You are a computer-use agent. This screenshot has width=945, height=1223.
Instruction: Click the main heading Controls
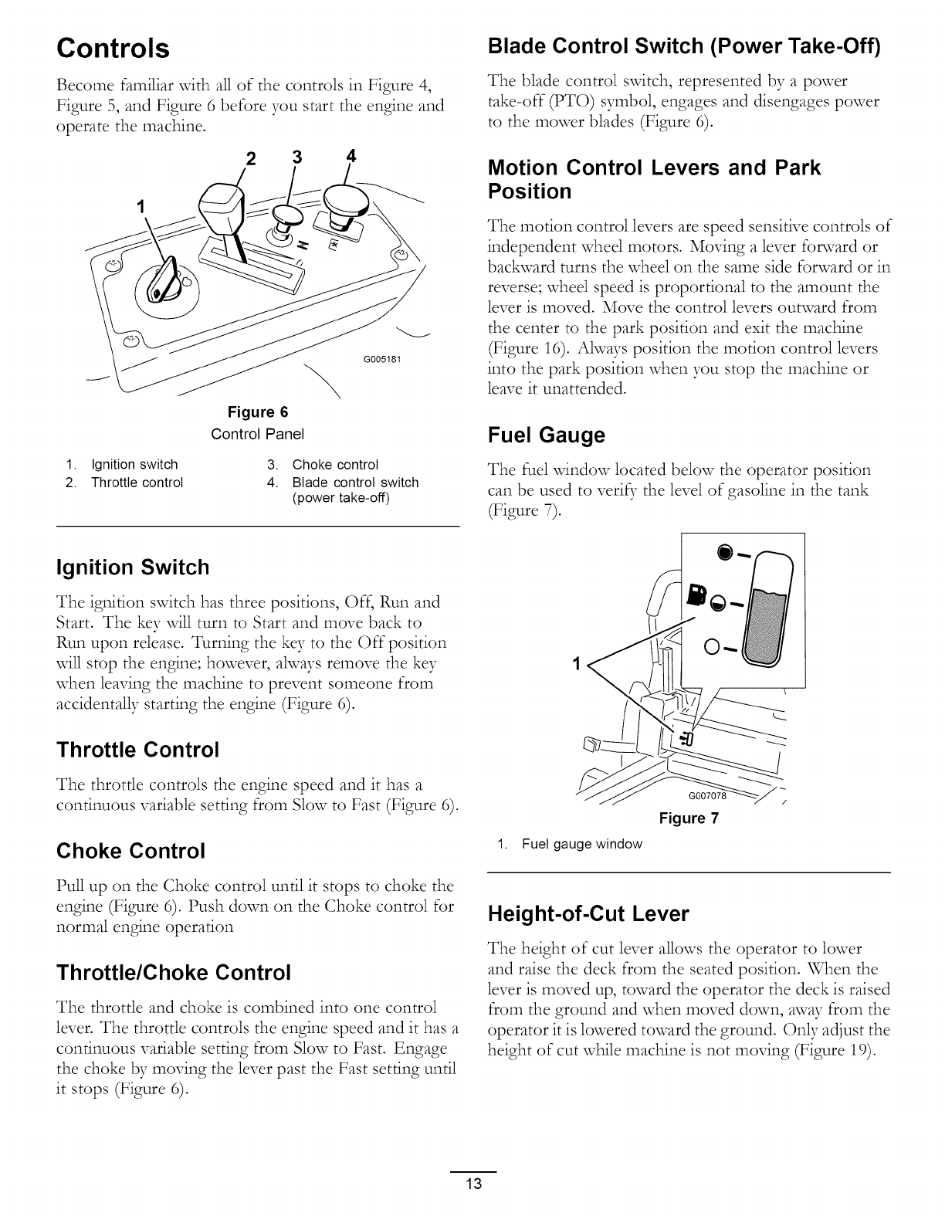point(113,49)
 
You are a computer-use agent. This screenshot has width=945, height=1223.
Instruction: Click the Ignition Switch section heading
point(132,567)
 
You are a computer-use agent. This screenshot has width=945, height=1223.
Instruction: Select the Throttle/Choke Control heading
point(174,971)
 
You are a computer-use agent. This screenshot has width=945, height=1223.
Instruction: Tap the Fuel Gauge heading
point(547,436)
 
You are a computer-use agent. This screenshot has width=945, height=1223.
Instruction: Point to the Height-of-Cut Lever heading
point(588,914)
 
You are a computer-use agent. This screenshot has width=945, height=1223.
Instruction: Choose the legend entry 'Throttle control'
point(137,483)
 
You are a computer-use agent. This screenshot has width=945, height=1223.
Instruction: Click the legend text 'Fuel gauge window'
point(581,844)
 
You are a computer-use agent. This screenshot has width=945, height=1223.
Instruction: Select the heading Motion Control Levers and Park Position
point(655,179)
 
